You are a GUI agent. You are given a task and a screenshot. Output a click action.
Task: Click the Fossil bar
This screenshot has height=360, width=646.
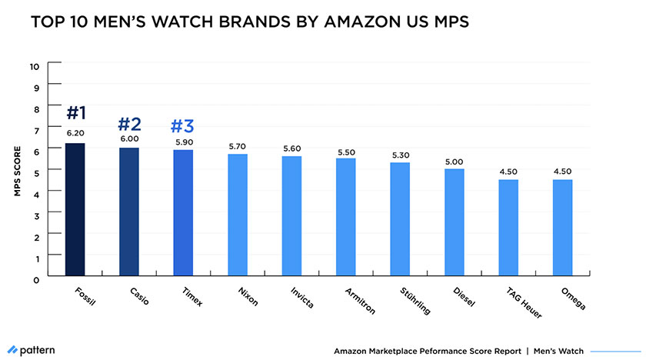pos(75,209)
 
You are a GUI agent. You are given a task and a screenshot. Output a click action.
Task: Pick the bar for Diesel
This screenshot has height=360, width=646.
pos(454,222)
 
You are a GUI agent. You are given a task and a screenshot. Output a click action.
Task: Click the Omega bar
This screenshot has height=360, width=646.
pos(562,228)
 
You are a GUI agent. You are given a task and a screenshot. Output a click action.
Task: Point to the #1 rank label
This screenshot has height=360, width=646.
pos(75,113)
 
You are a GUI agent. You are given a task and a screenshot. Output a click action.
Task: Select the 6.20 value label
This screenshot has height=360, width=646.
pos(75,133)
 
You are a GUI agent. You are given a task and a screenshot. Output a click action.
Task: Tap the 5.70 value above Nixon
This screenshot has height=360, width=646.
pos(238,145)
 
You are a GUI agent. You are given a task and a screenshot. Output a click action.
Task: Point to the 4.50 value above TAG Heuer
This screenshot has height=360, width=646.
pos(508,172)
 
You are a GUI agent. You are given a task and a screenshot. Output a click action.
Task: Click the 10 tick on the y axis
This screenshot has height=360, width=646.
pos(35,66)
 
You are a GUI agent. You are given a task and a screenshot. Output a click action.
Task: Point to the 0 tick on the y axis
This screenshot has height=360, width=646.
pos(36,280)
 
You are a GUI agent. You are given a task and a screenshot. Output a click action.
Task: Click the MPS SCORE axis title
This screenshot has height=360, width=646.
pos(17,171)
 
